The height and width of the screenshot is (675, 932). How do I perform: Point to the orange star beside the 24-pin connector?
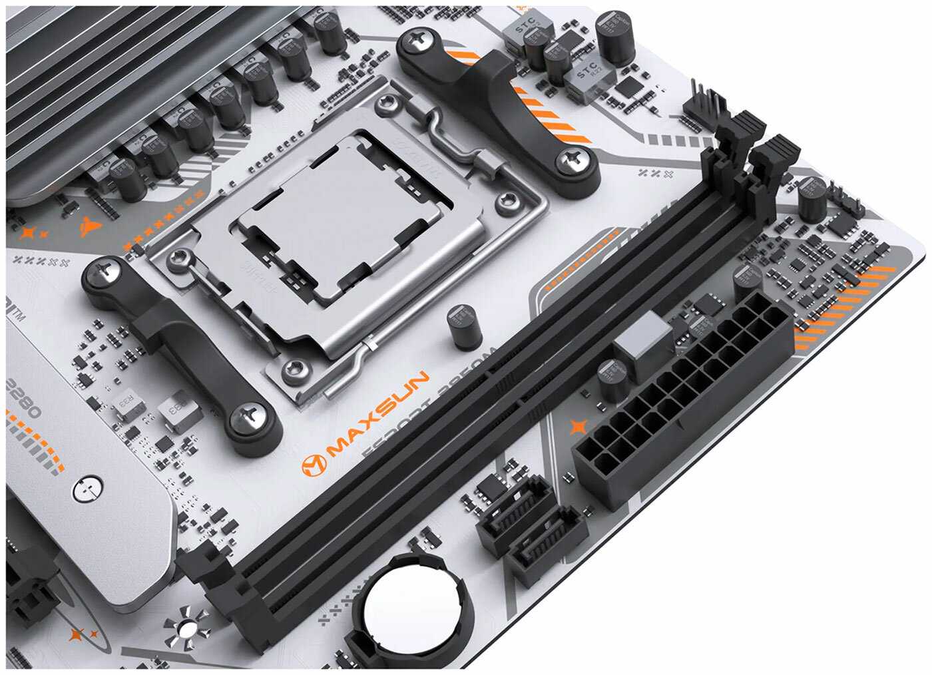tap(577, 427)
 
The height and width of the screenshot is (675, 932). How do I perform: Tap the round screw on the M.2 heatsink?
tap(87, 488)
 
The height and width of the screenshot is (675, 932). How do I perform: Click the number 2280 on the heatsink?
tap(23, 399)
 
